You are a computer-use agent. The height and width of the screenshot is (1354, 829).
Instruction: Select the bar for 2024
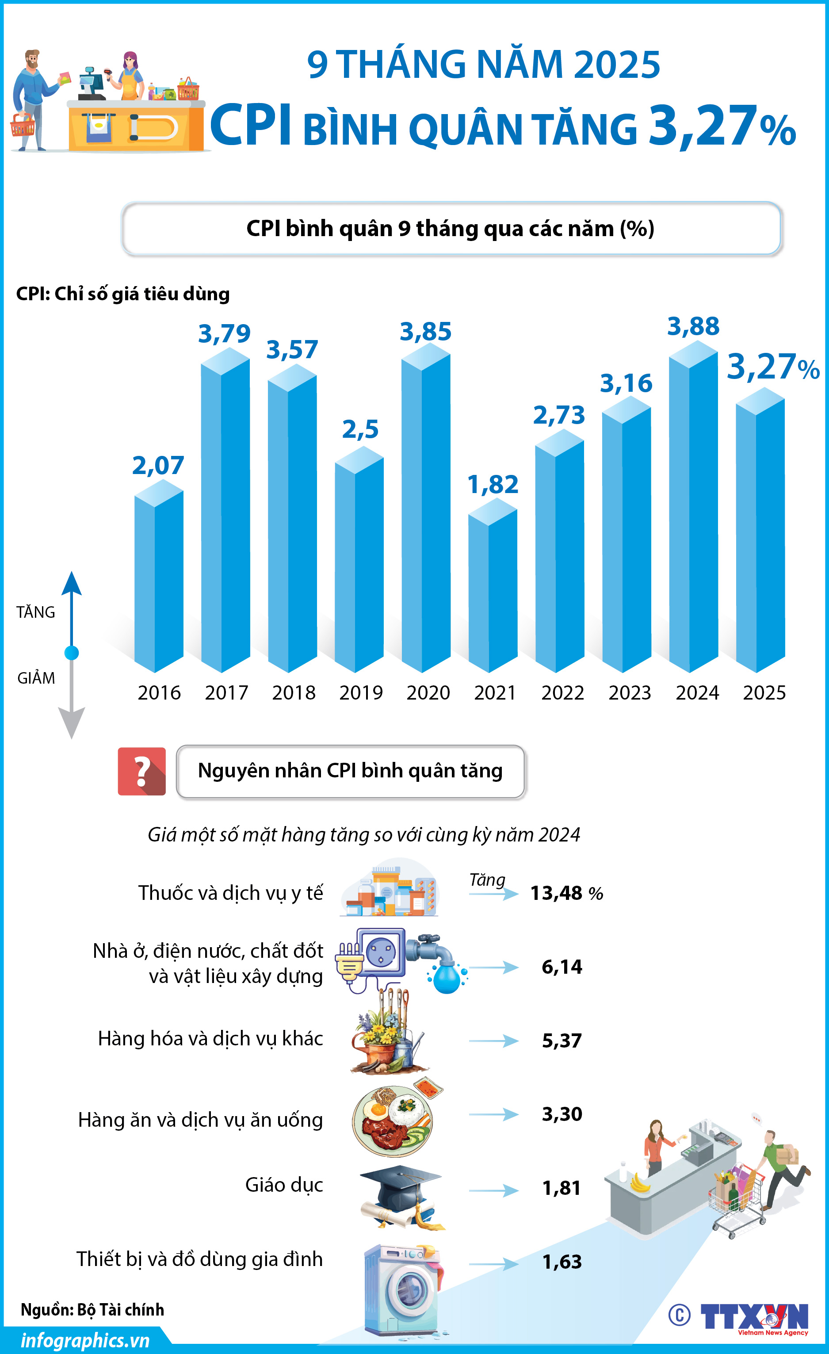click(x=693, y=511)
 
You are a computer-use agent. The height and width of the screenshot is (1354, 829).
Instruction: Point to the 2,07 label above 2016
click(x=158, y=466)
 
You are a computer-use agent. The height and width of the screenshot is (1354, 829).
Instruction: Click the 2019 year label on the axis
click(x=360, y=692)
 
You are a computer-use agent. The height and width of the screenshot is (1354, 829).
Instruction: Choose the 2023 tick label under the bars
click(x=630, y=692)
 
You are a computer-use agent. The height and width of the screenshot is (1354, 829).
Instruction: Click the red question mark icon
click(x=142, y=771)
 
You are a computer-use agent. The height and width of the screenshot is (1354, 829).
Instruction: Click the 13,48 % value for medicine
click(x=566, y=893)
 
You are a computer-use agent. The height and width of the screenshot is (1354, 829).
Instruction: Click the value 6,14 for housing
click(x=562, y=967)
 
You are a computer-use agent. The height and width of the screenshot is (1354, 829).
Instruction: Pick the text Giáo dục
click(x=283, y=1185)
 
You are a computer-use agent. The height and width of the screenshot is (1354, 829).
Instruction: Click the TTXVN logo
click(x=754, y=1316)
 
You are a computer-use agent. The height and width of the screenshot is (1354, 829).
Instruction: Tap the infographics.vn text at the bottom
click(x=85, y=1340)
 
